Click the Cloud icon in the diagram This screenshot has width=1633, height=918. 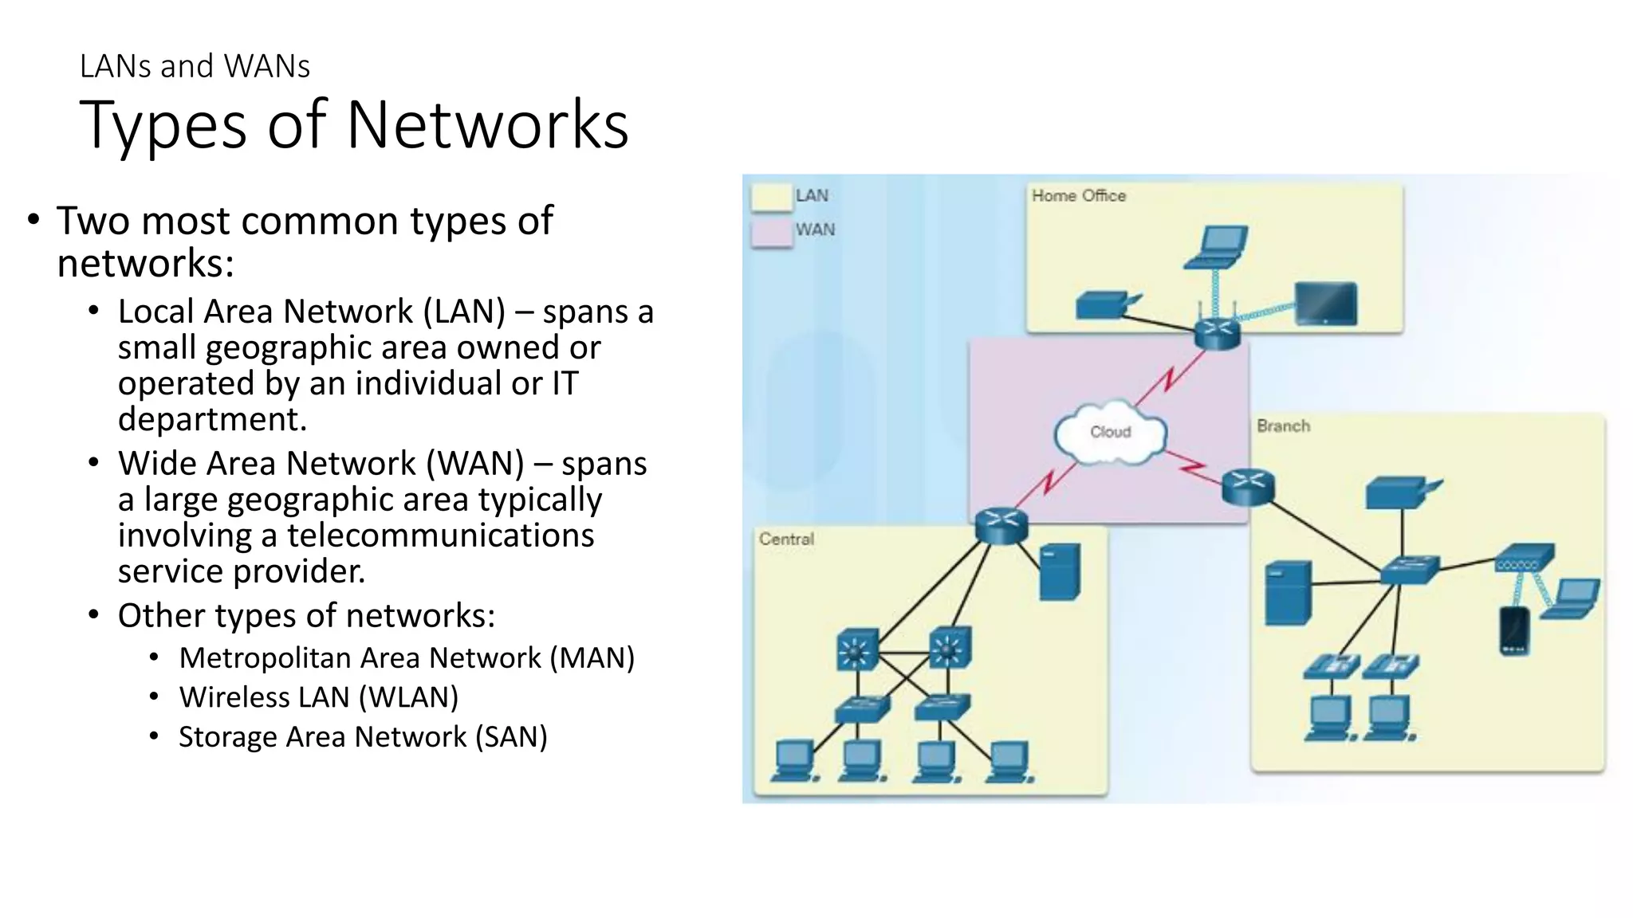click(x=1110, y=433)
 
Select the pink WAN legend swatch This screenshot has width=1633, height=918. click(x=771, y=233)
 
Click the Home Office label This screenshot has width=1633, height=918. click(x=1078, y=196)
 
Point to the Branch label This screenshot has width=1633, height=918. click(x=1283, y=426)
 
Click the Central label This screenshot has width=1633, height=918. click(x=786, y=539)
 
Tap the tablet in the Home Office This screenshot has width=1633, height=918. click(x=1325, y=304)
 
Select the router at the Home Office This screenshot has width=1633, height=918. click(x=1218, y=333)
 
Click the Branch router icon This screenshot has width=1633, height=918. click(x=1248, y=486)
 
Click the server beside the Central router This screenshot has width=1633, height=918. click(x=1060, y=571)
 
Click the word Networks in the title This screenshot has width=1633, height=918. click(x=488, y=125)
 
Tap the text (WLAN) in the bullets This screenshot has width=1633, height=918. click(x=408, y=697)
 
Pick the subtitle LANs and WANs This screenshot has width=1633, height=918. click(x=195, y=66)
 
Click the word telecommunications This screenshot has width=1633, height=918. click(x=440, y=535)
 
